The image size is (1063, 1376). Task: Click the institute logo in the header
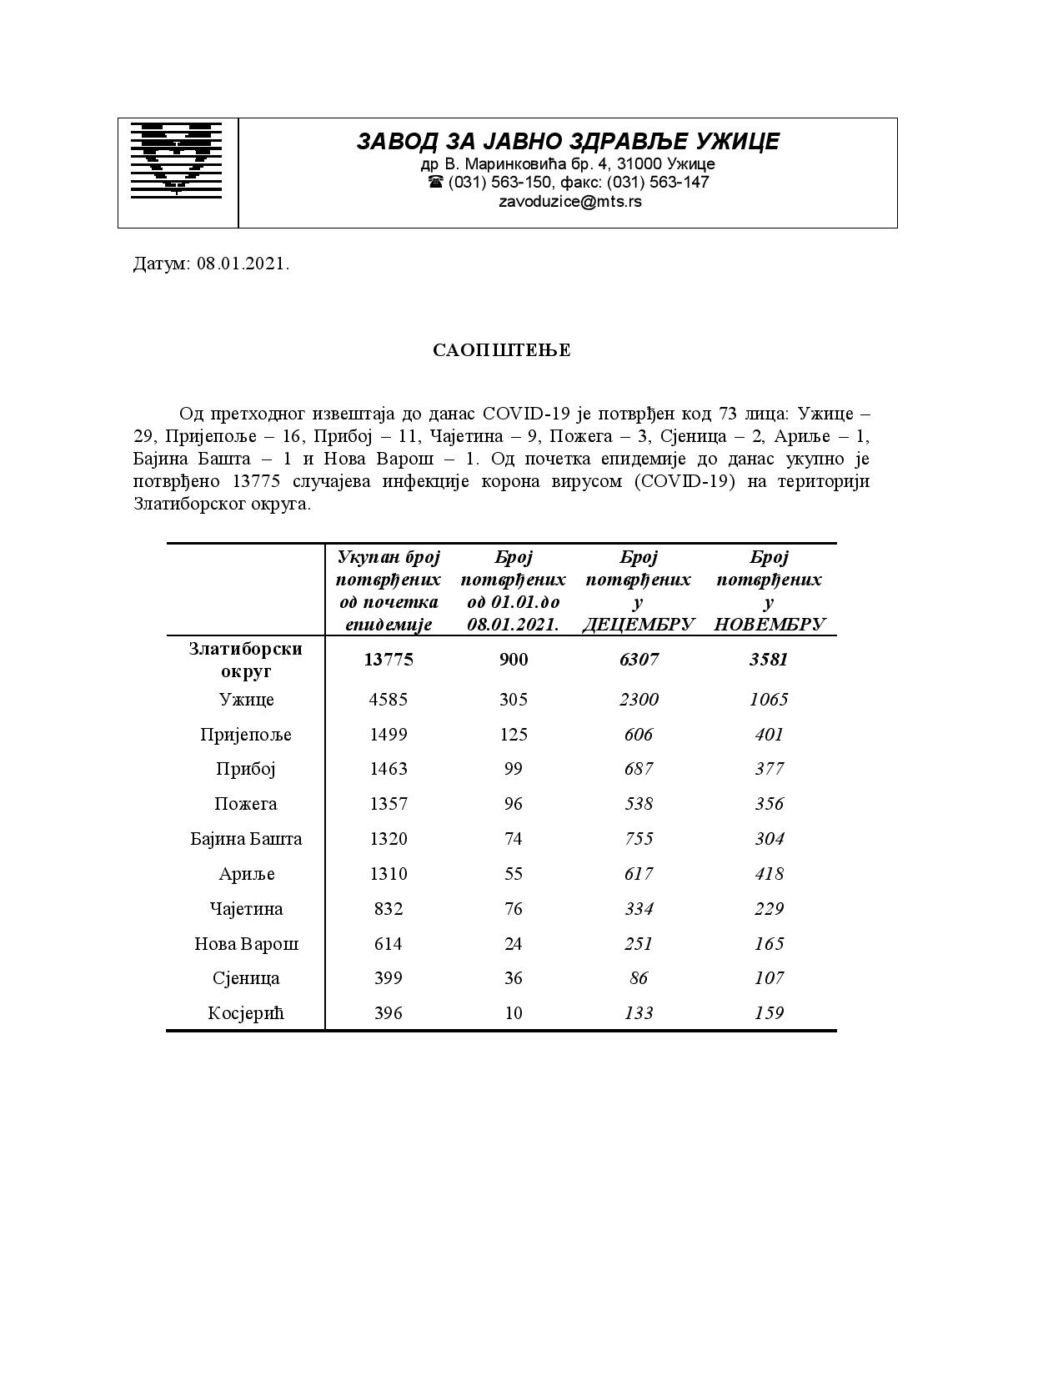click(177, 160)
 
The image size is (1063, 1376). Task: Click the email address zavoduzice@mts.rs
click(569, 201)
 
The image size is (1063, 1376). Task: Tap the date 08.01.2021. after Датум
click(243, 264)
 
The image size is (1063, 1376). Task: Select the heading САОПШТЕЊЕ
click(502, 350)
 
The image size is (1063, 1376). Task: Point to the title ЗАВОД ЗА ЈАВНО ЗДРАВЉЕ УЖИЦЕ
click(568, 141)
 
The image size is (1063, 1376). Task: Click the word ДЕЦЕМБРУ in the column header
click(638, 625)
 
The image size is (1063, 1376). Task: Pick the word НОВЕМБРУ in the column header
click(769, 625)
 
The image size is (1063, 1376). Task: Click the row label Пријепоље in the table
click(246, 735)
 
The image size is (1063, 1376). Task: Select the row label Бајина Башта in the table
click(246, 839)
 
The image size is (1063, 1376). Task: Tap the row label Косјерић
click(246, 1013)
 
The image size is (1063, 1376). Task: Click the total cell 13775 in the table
click(389, 660)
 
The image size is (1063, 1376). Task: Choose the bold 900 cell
click(514, 660)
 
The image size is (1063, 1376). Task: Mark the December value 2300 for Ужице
click(639, 700)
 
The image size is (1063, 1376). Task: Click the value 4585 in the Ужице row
click(389, 700)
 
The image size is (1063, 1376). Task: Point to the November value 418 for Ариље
click(769, 874)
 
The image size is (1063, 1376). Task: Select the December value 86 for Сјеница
click(639, 978)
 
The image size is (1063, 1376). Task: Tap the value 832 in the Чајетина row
click(389, 909)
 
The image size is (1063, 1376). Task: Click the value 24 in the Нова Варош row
click(514, 944)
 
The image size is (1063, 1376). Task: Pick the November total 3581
click(769, 660)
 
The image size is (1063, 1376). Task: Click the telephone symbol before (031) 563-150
click(435, 182)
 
